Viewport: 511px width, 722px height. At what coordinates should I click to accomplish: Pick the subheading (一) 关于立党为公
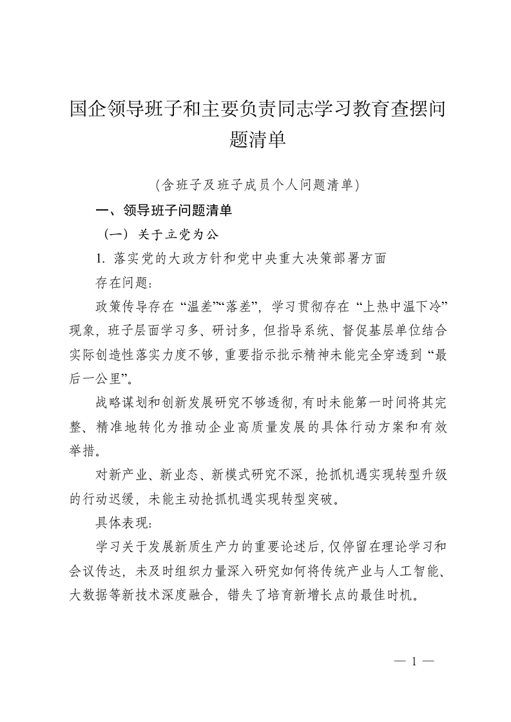tap(157, 234)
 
